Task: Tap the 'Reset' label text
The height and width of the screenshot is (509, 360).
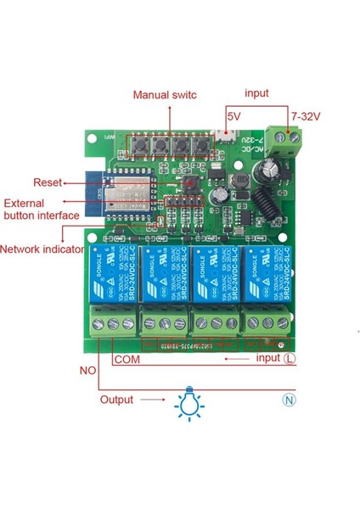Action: pos(46,182)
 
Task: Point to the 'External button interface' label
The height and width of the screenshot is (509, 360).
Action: pos(42,210)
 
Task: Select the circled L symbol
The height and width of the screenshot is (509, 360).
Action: pos(290,359)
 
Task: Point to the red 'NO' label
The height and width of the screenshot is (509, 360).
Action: pos(88,371)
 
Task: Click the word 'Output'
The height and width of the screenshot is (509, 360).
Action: pos(117,400)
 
